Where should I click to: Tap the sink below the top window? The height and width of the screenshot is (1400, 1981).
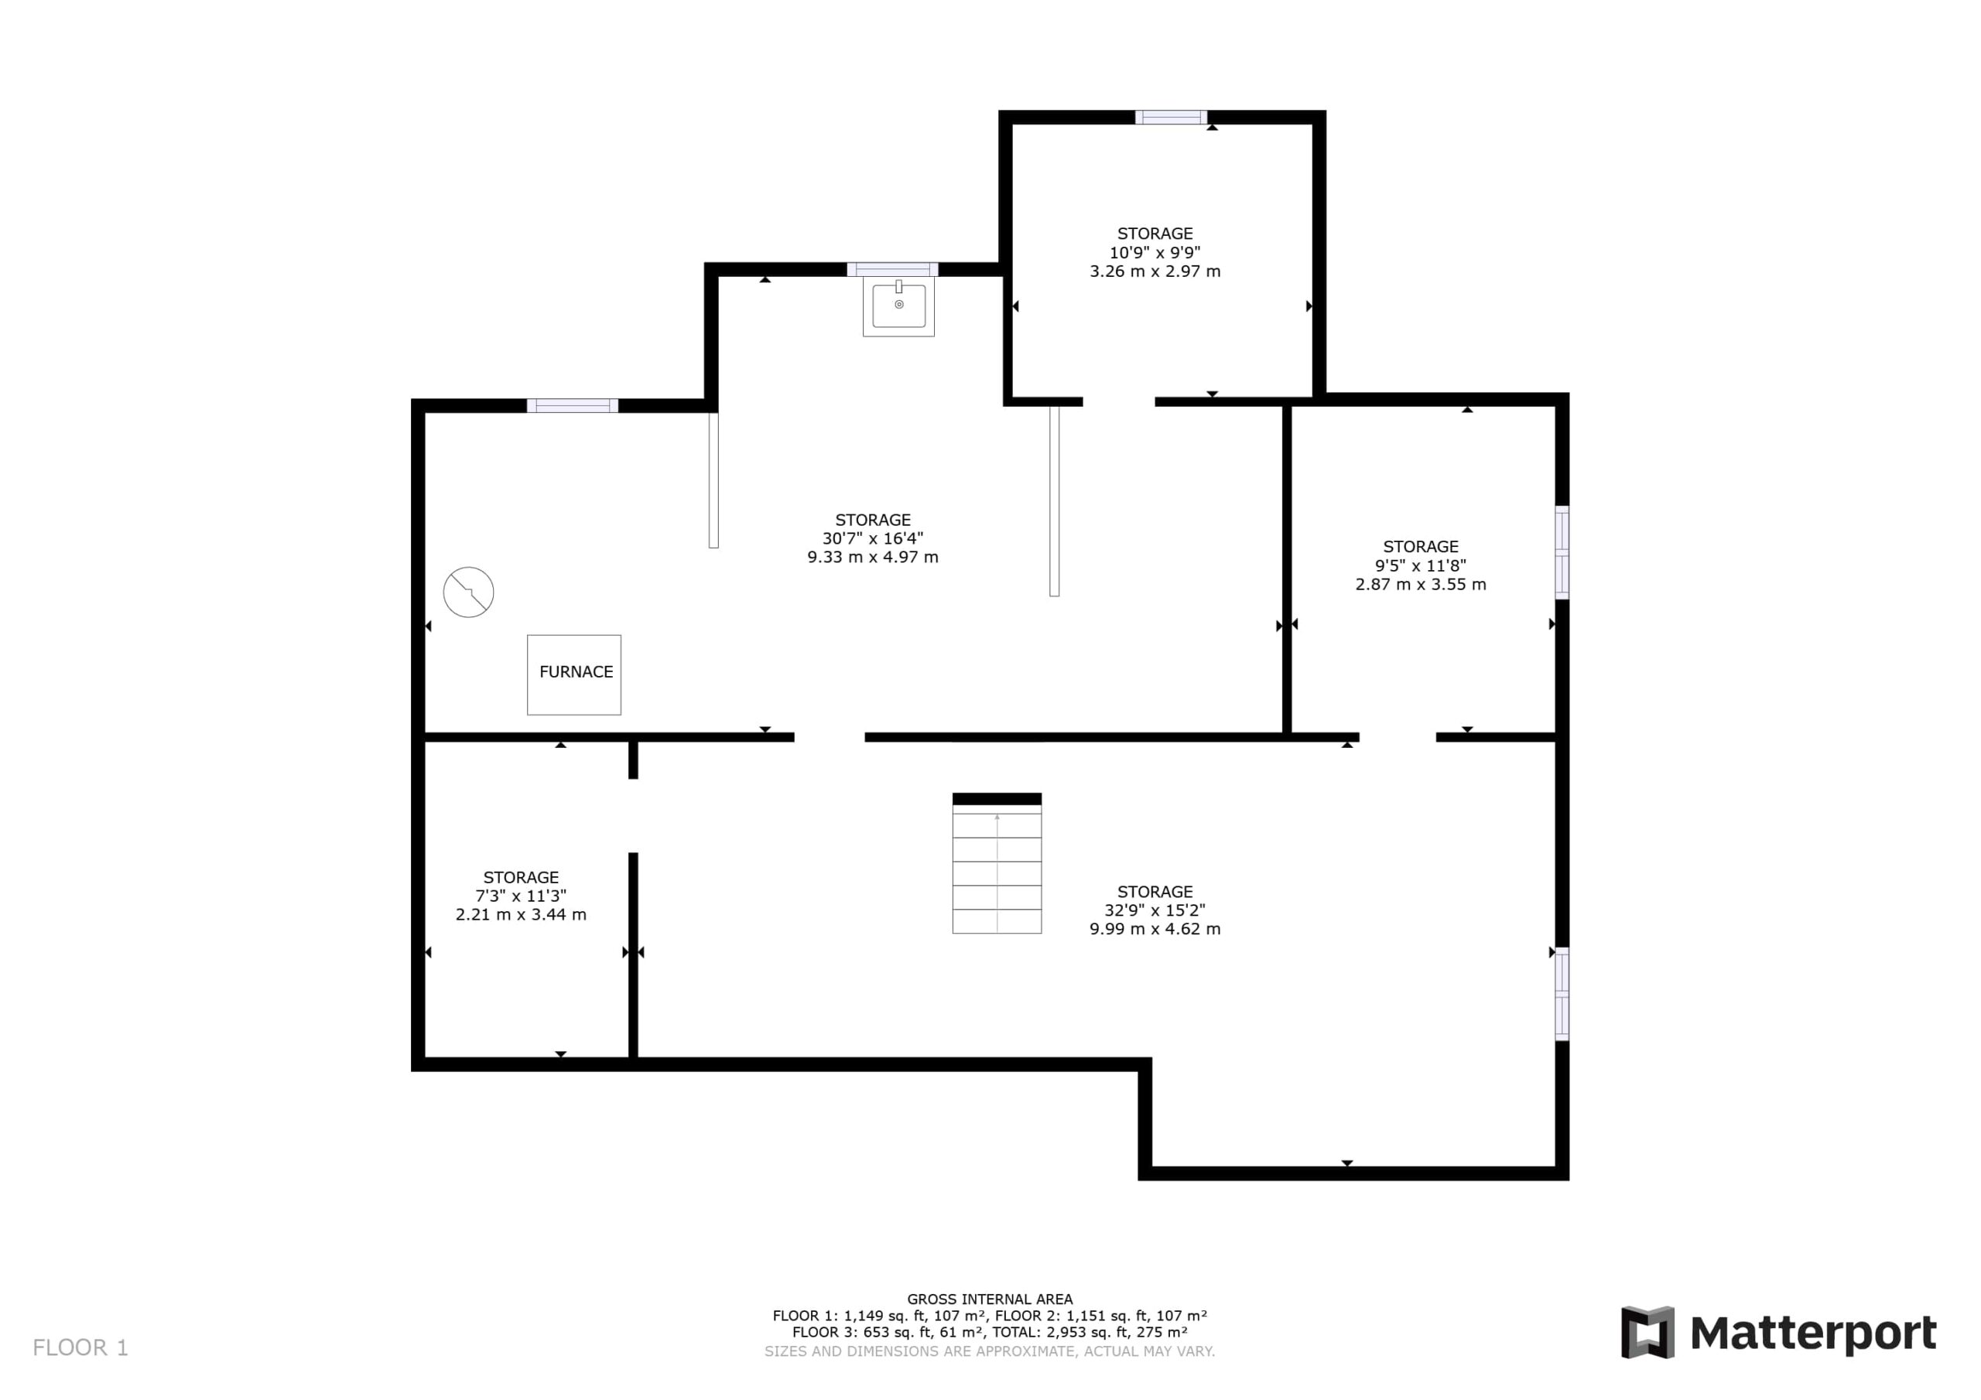(x=898, y=306)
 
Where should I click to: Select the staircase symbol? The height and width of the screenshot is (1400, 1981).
(x=997, y=862)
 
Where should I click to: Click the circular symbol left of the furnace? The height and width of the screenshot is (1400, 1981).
(x=468, y=592)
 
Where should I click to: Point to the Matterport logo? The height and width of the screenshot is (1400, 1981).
(x=1779, y=1332)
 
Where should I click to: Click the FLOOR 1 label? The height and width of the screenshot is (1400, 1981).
(x=80, y=1347)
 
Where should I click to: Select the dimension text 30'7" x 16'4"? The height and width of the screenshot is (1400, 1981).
(x=872, y=538)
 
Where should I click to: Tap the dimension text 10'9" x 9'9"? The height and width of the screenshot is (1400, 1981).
(x=1155, y=252)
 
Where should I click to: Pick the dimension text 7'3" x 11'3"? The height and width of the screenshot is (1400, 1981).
(x=520, y=896)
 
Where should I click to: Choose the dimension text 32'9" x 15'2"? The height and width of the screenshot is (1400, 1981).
(x=1155, y=910)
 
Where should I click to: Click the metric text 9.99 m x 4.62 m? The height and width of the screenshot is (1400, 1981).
(x=1155, y=929)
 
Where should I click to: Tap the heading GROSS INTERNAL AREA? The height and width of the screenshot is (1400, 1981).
(x=990, y=1299)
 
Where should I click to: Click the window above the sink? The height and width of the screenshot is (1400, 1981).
(x=892, y=269)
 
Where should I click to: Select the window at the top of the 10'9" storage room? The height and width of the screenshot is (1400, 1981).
(x=1171, y=118)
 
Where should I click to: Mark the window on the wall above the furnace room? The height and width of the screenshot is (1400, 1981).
(x=573, y=405)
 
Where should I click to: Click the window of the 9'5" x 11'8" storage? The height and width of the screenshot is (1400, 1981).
(x=1562, y=552)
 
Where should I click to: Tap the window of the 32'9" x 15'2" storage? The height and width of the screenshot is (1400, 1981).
(x=1562, y=994)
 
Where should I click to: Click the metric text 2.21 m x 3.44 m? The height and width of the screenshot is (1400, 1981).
(x=520, y=914)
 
